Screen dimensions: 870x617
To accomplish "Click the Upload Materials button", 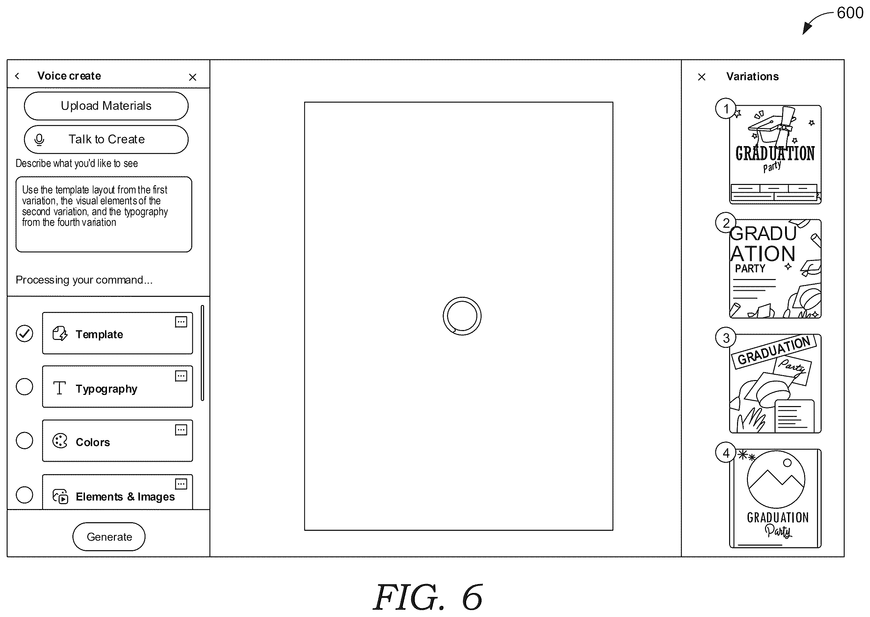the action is [106, 106].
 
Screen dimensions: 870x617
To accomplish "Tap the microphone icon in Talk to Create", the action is [39, 140].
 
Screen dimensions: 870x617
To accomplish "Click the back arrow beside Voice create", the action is [17, 76].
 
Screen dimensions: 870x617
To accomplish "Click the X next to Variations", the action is [701, 77].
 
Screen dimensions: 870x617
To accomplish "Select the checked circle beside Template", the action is [24, 334].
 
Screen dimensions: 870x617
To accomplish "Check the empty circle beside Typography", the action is [24, 387].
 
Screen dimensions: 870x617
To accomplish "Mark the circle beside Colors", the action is [24, 441].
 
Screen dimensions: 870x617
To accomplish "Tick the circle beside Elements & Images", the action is [24, 495].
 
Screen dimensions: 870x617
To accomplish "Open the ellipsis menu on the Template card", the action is [181, 322].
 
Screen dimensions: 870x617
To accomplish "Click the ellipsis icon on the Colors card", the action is [181, 430].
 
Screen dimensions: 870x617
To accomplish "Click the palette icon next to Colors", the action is [60, 441].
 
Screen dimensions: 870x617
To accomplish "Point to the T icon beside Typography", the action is [60, 388].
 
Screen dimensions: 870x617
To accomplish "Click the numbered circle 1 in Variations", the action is [726, 109].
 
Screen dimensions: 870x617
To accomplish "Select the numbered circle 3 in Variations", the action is [726, 338].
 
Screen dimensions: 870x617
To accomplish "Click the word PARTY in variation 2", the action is [750, 269].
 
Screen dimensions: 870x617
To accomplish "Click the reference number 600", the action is [850, 13].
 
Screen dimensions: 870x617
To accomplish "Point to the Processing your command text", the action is [84, 280].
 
